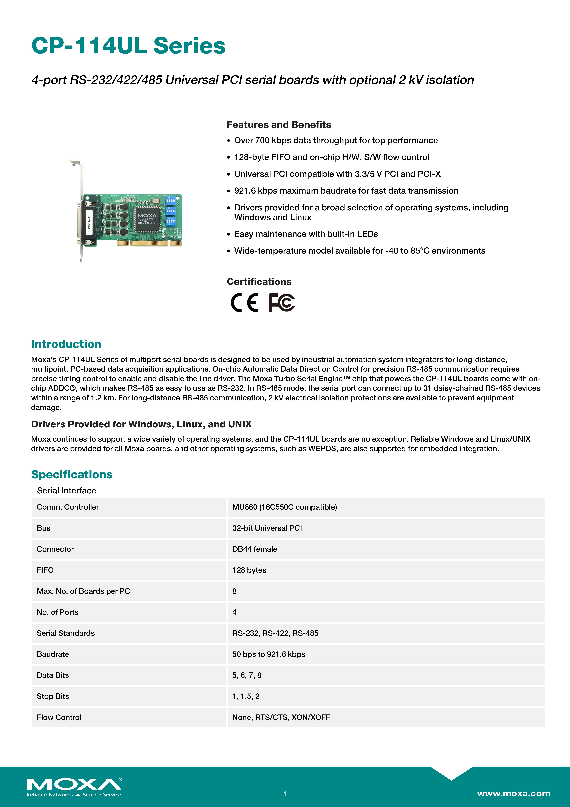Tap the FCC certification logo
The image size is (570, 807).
pyautogui.click(x=281, y=303)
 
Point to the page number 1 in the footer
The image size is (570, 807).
pyautogui.click(x=285, y=794)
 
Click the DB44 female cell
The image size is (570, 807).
pyautogui.click(x=255, y=549)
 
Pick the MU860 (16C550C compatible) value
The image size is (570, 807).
pyautogui.click(x=284, y=507)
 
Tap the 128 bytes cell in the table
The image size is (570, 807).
pyautogui.click(x=249, y=570)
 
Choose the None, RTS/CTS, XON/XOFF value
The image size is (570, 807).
pyautogui.click(x=281, y=717)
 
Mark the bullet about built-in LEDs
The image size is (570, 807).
pyautogui.click(x=306, y=234)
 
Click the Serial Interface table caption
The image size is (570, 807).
pyautogui.click(x=66, y=491)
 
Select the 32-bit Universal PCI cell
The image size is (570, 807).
pyautogui.click(x=267, y=528)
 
